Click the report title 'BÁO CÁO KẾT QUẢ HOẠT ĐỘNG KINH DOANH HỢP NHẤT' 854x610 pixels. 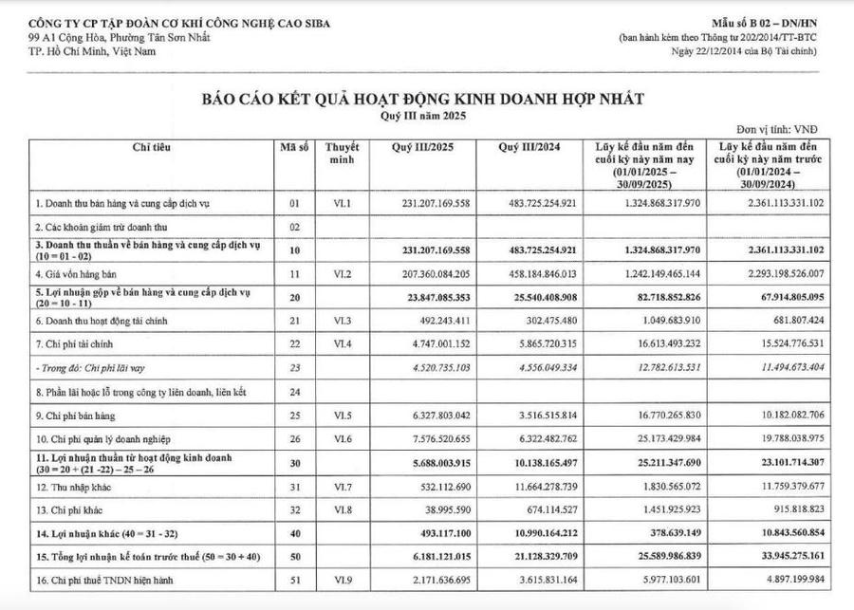pos(420,99)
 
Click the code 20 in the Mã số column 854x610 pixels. pos(293,298)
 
